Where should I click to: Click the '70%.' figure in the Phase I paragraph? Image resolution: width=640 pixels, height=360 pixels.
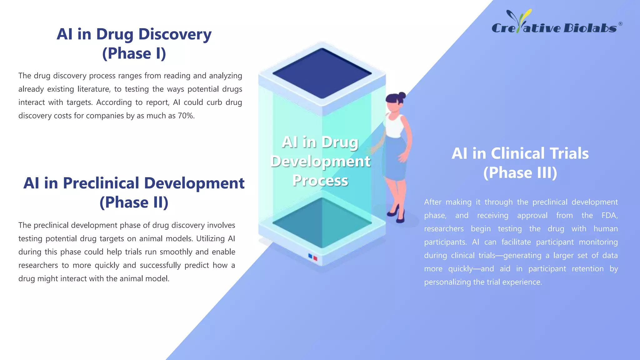pos(186,116)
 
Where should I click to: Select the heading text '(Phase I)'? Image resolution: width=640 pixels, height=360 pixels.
pos(134,53)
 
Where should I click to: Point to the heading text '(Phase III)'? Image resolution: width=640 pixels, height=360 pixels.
pos(520,173)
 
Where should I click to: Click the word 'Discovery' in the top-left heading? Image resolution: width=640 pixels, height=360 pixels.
pos(175,34)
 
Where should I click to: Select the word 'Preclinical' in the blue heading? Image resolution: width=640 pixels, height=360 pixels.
pos(101,183)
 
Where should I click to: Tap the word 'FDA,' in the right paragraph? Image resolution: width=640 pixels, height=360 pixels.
pos(609,216)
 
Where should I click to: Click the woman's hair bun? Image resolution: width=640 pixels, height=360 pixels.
pos(402,95)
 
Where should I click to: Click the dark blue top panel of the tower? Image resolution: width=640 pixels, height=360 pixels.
pos(322,73)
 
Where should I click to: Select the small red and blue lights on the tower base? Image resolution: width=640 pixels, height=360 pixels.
pos(312,257)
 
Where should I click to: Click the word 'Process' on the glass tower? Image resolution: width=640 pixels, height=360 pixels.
pos(320,181)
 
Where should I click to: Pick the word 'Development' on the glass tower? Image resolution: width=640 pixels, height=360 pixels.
pos(320,161)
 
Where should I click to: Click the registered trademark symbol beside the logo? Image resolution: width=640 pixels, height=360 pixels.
pos(620,24)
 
